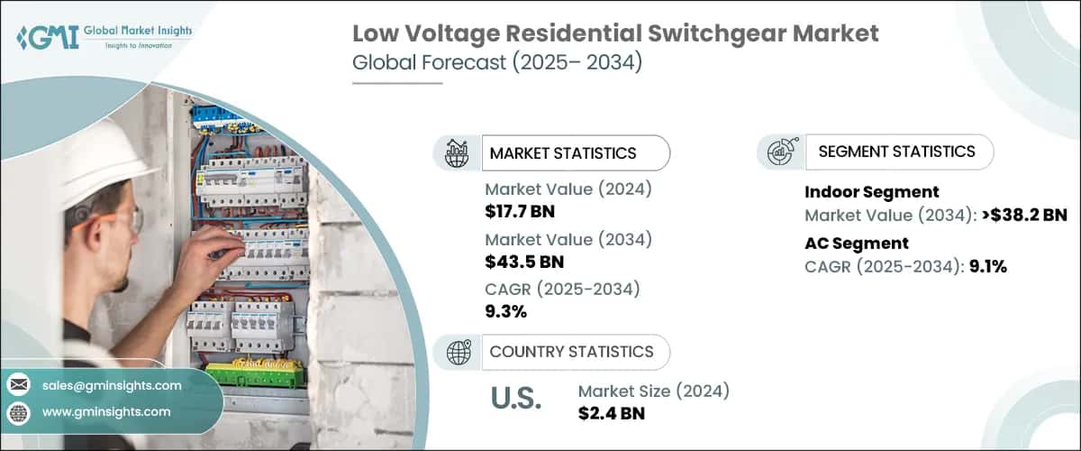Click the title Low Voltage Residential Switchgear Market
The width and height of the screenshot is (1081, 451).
(x=614, y=35)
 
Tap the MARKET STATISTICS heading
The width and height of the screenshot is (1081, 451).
(x=562, y=153)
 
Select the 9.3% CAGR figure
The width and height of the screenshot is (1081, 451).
(x=505, y=312)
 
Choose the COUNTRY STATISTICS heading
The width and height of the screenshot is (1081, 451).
(x=571, y=352)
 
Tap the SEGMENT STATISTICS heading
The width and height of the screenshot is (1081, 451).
(x=896, y=152)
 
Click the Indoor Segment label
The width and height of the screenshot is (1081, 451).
(x=871, y=191)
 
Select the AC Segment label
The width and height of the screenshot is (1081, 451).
(x=856, y=243)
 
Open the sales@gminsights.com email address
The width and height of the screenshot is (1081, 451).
(x=112, y=385)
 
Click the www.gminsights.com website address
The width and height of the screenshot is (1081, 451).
(x=105, y=411)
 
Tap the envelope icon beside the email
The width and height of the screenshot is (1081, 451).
(x=19, y=385)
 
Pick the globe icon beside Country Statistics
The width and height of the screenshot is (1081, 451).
(x=457, y=352)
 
